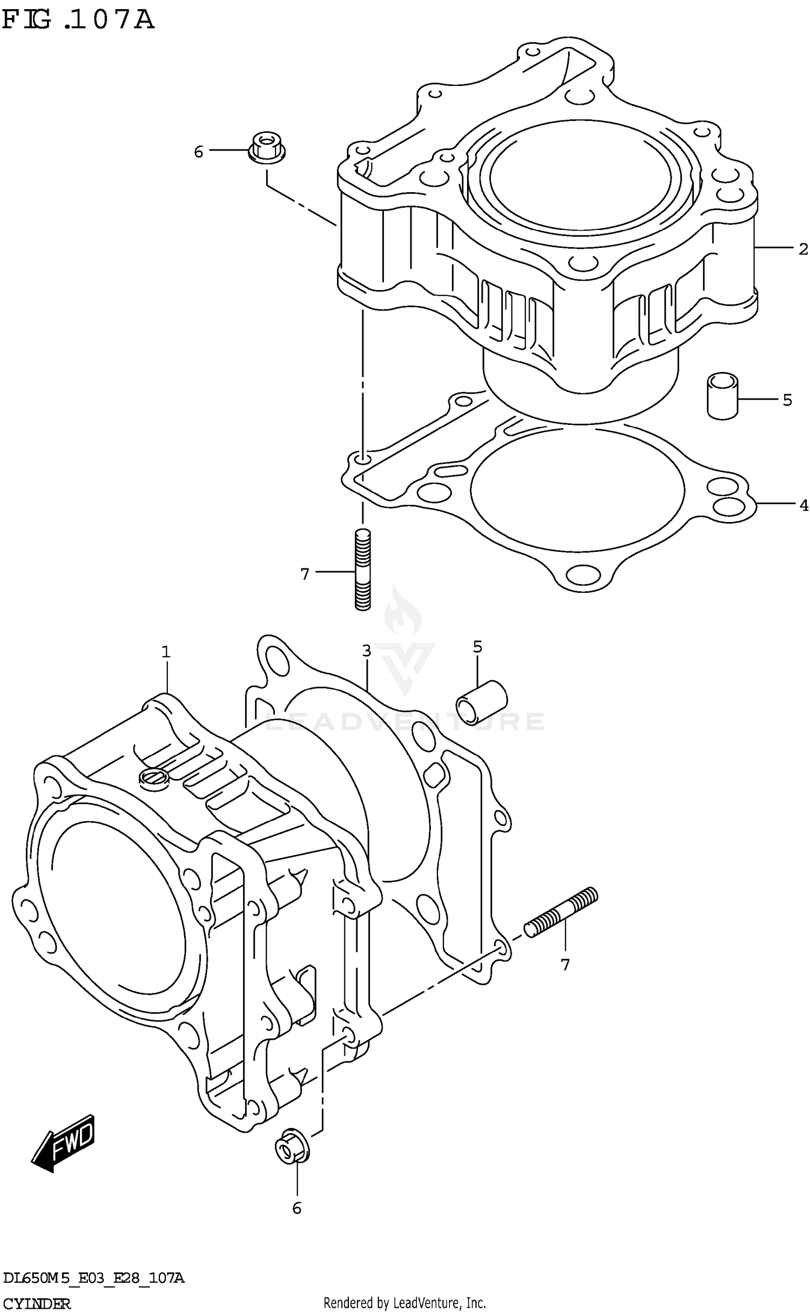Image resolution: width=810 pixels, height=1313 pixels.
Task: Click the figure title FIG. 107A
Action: point(78,20)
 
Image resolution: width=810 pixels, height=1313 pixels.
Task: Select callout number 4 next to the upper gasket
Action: point(804,505)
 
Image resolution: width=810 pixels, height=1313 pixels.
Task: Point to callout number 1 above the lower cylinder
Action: point(166,652)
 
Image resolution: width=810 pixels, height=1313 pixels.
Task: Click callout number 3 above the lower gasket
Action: point(367,651)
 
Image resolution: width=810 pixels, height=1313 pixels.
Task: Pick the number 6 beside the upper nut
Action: point(199,152)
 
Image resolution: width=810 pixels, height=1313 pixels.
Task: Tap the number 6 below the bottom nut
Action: point(296,1208)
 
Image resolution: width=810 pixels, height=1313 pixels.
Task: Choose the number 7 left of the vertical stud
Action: point(305,574)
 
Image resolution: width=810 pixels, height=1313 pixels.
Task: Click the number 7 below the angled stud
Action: point(565,965)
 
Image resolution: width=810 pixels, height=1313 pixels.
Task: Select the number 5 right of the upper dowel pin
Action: point(787,400)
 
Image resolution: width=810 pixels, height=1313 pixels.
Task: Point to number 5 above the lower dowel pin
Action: point(477,646)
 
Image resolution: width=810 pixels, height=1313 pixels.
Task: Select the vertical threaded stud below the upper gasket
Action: point(363,570)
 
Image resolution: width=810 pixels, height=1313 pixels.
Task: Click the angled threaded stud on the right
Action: point(561,912)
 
